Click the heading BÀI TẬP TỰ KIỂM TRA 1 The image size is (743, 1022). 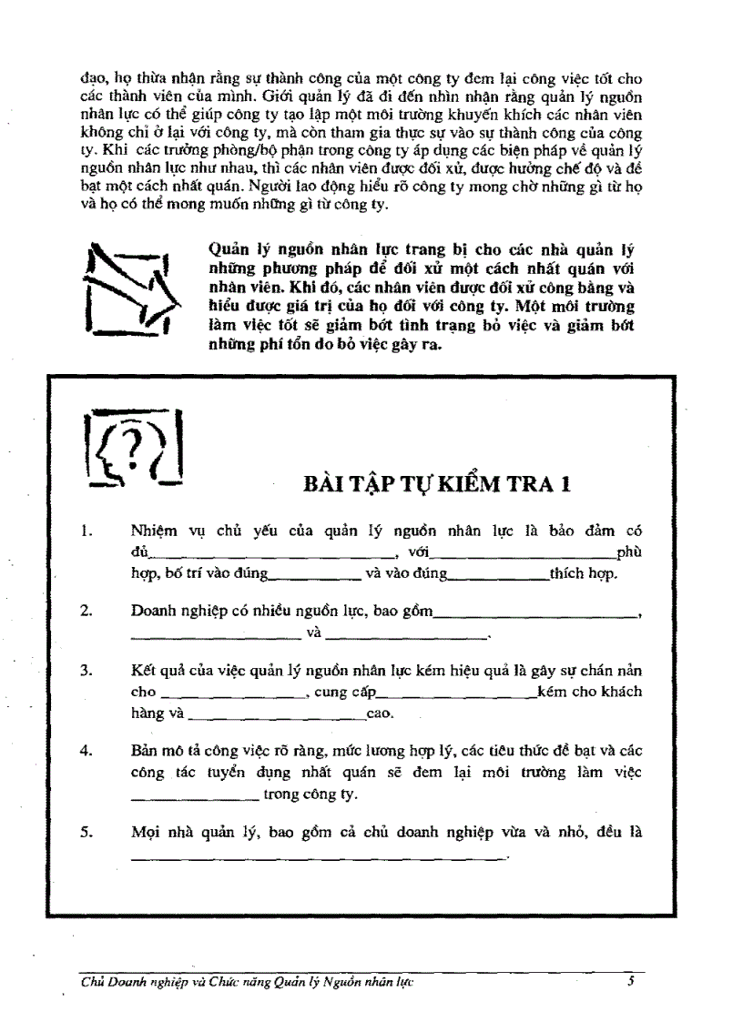pyautogui.click(x=437, y=483)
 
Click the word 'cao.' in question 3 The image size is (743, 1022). pyautogui.click(x=380, y=713)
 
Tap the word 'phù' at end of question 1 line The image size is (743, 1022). pyautogui.click(x=629, y=551)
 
